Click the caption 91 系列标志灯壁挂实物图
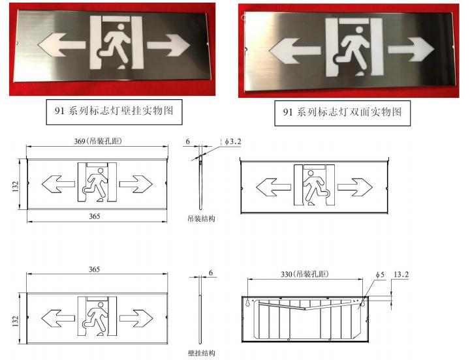pos(114,111)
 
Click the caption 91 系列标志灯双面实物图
pos(342,112)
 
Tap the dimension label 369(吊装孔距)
pos(98,141)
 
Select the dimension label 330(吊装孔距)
pos(305,274)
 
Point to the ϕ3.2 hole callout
pos(233,142)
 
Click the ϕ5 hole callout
pos(380,275)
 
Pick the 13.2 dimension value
pos(401,275)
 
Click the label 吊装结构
pos(202,218)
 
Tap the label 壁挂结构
pos(202,353)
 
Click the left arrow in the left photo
pos(61,45)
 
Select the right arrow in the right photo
pos(411,50)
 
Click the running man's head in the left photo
pos(121,27)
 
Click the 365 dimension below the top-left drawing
pos(95,217)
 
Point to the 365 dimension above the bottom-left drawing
pos(94,269)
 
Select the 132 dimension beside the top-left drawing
pos(16,186)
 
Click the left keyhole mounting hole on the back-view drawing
pos(248,302)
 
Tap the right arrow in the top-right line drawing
pos(355,187)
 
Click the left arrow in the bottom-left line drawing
pos(58,318)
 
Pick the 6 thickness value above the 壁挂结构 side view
pos(211,273)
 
